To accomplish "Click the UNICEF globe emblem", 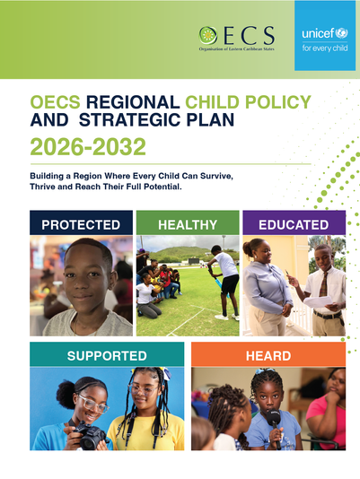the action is coord(342,33).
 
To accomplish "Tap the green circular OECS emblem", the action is coord(208,36).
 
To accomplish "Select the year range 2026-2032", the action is coord(88,146).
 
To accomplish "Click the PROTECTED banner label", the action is coord(81,225).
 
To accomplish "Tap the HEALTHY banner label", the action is coord(188,225).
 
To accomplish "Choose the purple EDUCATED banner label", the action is coord(294,225).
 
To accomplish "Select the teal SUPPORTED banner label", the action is coord(107,356).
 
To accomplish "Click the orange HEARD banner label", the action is coord(268,356).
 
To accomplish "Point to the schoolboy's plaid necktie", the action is coord(323,284).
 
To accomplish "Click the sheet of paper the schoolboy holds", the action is coord(318,301).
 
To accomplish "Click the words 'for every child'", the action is coord(325,48).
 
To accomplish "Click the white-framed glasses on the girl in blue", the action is coord(93,404).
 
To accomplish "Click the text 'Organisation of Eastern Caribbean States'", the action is coord(237,48).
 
